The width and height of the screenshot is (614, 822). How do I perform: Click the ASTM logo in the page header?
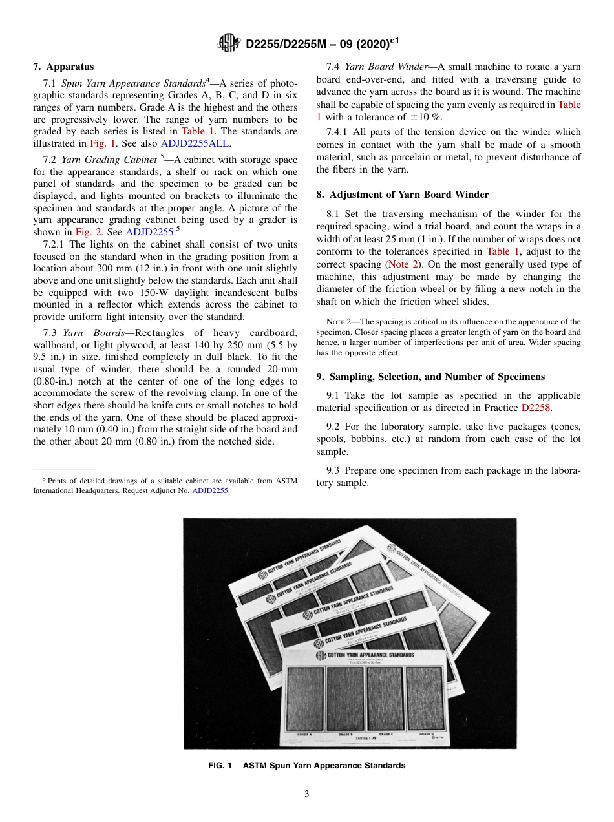pyautogui.click(x=229, y=44)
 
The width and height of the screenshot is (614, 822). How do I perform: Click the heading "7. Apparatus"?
pyautogui.click(x=63, y=67)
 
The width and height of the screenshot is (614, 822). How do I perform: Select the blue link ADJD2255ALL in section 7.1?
pyautogui.click(x=195, y=144)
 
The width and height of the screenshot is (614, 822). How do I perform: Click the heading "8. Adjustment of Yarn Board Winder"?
pyautogui.click(x=402, y=195)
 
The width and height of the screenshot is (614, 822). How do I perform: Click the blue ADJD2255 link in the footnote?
pyautogui.click(x=211, y=490)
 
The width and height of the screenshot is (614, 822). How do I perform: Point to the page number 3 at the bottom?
pyautogui.click(x=307, y=794)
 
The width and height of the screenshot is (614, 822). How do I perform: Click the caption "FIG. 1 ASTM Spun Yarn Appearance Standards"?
pyautogui.click(x=307, y=766)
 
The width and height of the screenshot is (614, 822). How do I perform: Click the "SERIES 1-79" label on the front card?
pyautogui.click(x=366, y=737)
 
